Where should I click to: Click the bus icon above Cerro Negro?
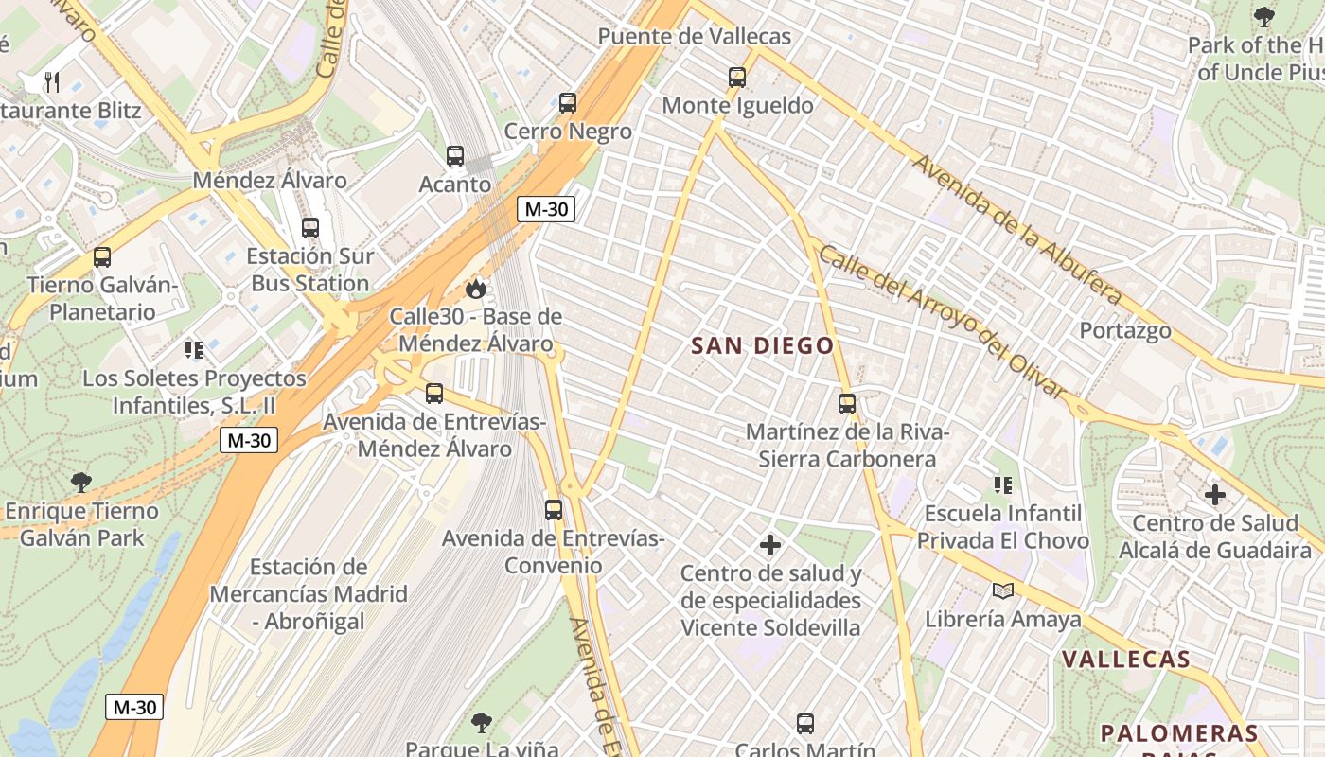568,103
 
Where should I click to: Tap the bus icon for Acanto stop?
455,156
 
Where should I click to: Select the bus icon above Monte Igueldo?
737,78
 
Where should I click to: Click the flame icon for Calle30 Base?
475,288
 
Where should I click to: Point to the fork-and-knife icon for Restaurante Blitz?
52,82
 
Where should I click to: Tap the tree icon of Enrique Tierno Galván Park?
81,483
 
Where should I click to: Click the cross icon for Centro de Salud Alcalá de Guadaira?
1215,494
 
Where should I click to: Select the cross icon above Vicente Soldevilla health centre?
770,545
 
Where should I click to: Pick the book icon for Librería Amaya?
1003,591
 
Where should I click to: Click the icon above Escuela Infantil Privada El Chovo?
1003,485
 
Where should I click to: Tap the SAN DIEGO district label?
763,346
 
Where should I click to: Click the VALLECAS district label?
1125,660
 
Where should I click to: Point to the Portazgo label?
1125,331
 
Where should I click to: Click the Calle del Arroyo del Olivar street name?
942,322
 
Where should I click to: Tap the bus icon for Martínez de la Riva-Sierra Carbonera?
847,404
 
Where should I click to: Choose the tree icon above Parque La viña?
482,723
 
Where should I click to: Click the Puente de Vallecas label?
695,37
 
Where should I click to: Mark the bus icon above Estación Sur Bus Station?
310,228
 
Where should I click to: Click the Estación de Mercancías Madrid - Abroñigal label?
309,594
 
